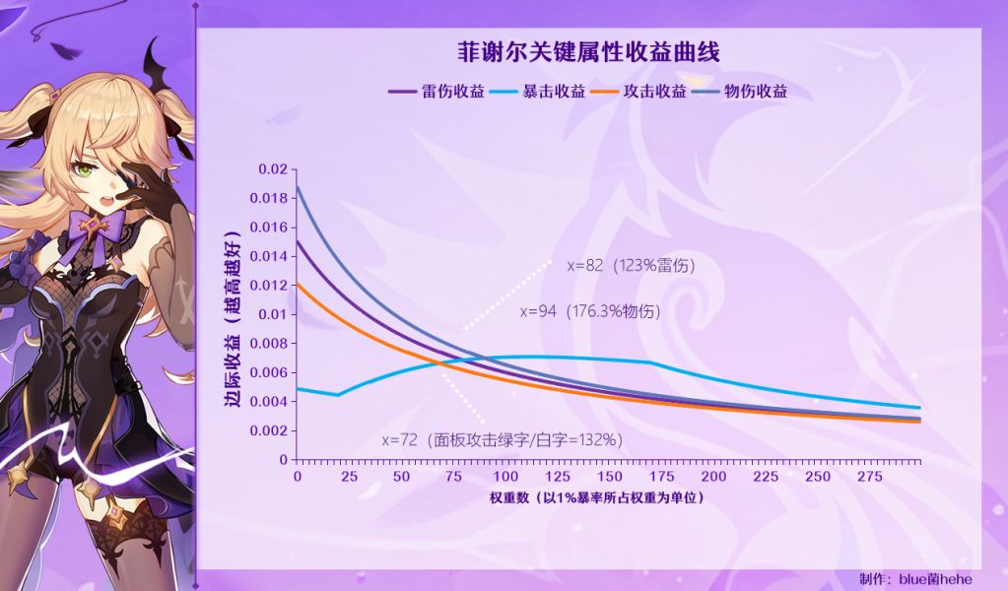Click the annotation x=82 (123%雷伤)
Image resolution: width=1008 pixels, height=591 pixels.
(x=632, y=265)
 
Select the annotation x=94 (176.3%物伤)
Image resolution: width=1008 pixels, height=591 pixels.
(x=590, y=311)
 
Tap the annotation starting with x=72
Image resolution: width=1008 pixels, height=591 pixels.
(x=502, y=439)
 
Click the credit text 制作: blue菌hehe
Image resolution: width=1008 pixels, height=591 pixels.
(x=929, y=579)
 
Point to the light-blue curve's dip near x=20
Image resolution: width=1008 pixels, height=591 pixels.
(x=338, y=395)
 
